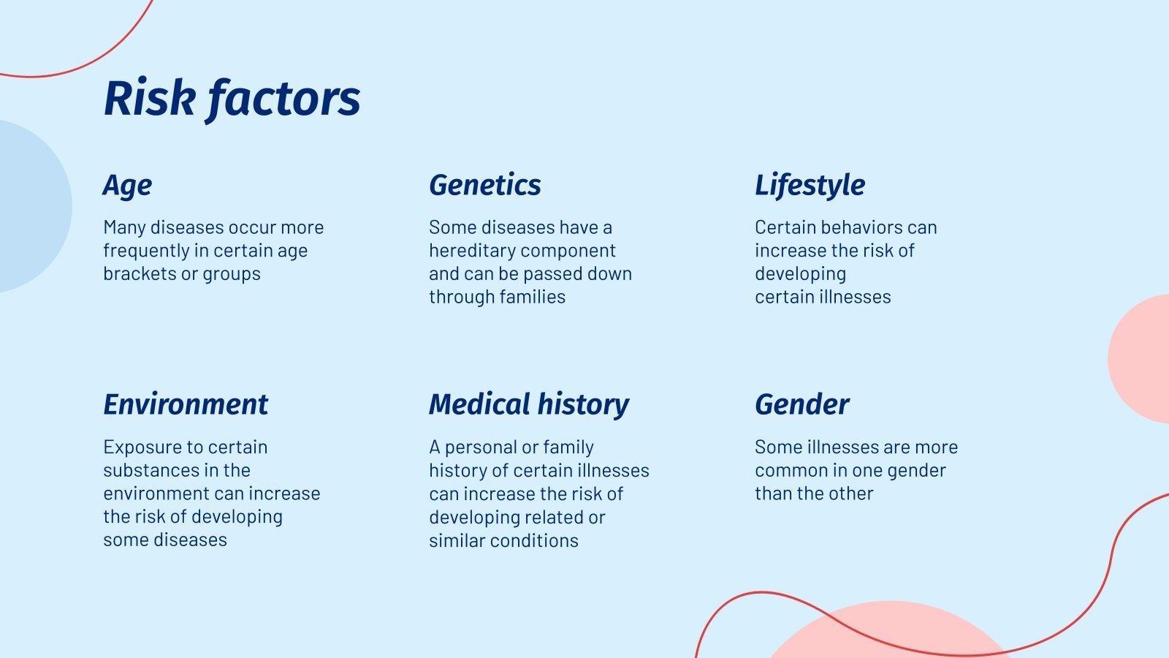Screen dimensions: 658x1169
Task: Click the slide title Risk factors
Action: (232, 98)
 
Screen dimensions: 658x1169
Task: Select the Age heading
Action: (127, 186)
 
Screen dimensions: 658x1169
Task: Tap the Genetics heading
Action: (484, 185)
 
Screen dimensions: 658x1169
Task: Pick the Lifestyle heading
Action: (810, 186)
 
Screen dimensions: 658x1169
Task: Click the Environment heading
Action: (186, 404)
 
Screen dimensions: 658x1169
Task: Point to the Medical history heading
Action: (528, 404)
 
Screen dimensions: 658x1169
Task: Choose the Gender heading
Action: (801, 404)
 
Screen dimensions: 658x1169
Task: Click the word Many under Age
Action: (124, 227)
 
